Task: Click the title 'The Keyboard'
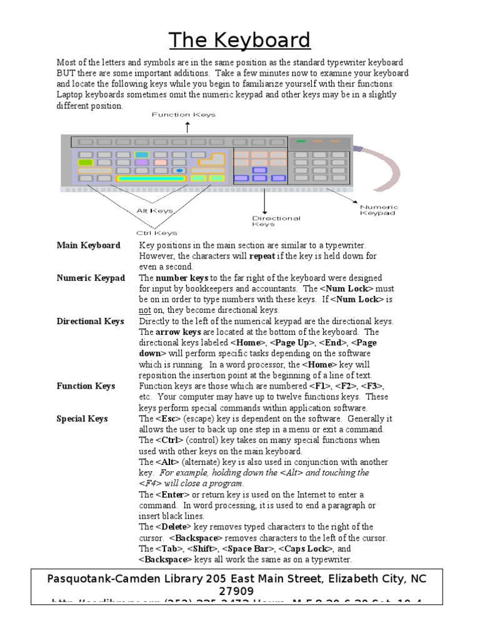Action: click(240, 40)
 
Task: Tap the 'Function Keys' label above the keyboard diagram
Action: click(184, 115)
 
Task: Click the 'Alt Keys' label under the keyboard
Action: click(154, 211)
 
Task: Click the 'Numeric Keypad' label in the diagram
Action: click(379, 210)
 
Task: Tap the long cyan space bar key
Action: click(152, 179)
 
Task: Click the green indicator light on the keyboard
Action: click(301, 141)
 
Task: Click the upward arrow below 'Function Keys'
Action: click(187, 127)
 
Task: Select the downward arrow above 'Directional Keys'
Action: click(265, 201)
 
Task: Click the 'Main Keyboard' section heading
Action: click(88, 245)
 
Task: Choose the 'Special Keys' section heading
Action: click(82, 419)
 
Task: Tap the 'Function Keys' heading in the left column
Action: click(86, 386)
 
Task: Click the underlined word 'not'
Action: click(144, 310)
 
